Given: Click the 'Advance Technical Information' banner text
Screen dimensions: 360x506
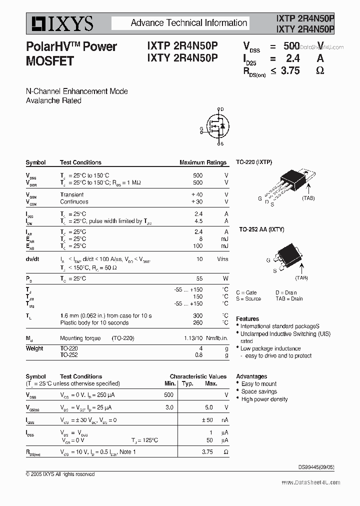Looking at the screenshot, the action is tap(189, 23).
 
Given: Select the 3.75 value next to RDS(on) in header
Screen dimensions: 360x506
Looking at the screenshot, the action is tap(290, 70).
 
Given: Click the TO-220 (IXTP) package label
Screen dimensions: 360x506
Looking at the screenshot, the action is tap(254, 162).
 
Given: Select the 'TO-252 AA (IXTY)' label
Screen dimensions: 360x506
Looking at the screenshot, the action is tap(261, 229).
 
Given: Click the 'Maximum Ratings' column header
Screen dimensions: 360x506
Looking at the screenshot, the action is tap(203, 162).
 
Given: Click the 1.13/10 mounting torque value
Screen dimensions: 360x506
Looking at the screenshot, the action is tap(193, 338).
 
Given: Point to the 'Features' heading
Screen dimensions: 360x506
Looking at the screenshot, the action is tap(247, 318).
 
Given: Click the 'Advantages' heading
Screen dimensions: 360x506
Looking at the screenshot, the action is tap(251, 376).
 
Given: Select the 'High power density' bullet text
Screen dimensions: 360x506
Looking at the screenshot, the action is tap(264, 399).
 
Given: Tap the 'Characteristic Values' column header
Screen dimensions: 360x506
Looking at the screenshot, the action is tap(198, 376).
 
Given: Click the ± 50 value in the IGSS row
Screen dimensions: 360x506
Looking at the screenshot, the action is tap(206, 420).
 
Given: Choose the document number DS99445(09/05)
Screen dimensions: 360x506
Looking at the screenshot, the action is tap(316, 467).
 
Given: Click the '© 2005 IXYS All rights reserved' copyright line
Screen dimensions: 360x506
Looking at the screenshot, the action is tap(60, 474).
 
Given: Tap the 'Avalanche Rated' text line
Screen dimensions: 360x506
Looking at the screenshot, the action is tap(53, 100).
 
